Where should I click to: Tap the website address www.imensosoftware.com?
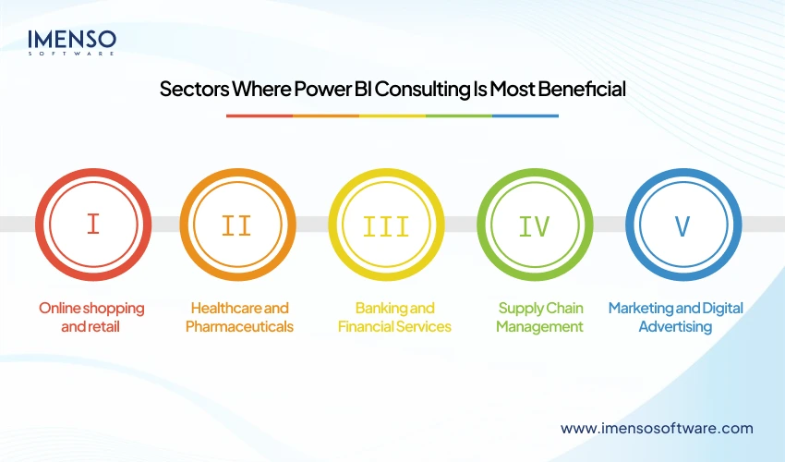[657, 428]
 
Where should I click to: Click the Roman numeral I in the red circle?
[92, 225]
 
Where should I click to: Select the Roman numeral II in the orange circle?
[236, 225]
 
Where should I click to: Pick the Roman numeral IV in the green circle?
[534, 225]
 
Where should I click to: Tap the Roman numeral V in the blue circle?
[682, 225]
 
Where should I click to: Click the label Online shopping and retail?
[91, 317]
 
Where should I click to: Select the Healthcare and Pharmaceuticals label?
[239, 317]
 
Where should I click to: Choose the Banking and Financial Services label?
[394, 317]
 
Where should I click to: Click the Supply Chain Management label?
[539, 317]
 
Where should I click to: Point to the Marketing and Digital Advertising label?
[675, 317]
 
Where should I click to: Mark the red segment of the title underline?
[260, 115]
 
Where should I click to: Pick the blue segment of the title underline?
[525, 115]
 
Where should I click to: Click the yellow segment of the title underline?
[392, 115]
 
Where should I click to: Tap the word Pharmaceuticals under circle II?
[239, 326]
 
